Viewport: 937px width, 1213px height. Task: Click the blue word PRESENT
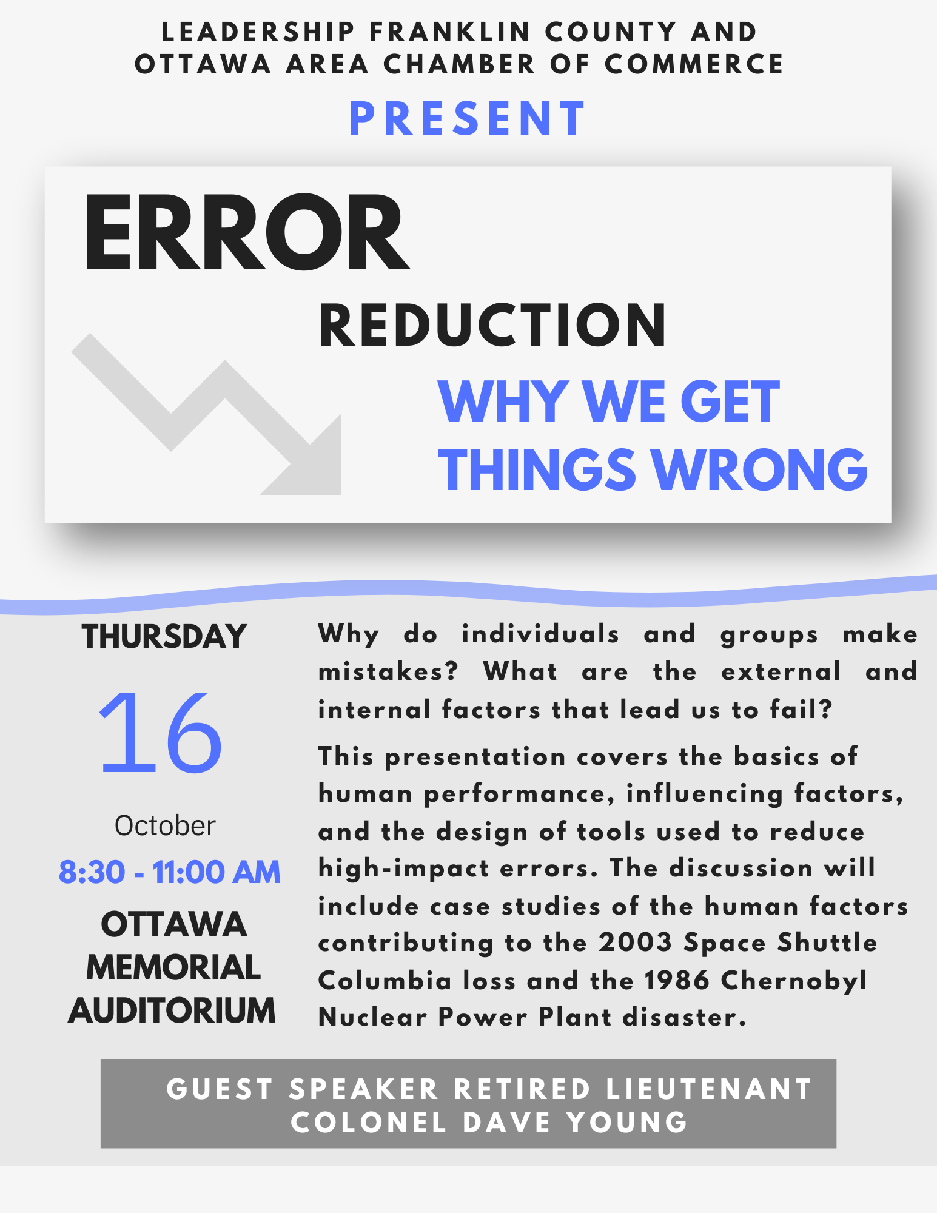(468, 119)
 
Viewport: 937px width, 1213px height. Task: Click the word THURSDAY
(164, 637)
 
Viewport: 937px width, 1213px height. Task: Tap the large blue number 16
(161, 733)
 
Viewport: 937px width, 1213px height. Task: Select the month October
(165, 825)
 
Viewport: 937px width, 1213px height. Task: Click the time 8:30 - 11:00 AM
(170, 872)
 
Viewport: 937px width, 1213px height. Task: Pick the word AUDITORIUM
(172, 1011)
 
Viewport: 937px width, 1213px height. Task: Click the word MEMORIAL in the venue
(173, 967)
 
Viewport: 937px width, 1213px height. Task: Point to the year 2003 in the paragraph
(635, 943)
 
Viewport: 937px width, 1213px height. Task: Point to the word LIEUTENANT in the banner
(709, 1089)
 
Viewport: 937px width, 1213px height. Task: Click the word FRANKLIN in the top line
(450, 32)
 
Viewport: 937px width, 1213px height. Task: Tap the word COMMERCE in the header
(694, 64)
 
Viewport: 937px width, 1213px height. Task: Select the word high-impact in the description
(403, 869)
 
